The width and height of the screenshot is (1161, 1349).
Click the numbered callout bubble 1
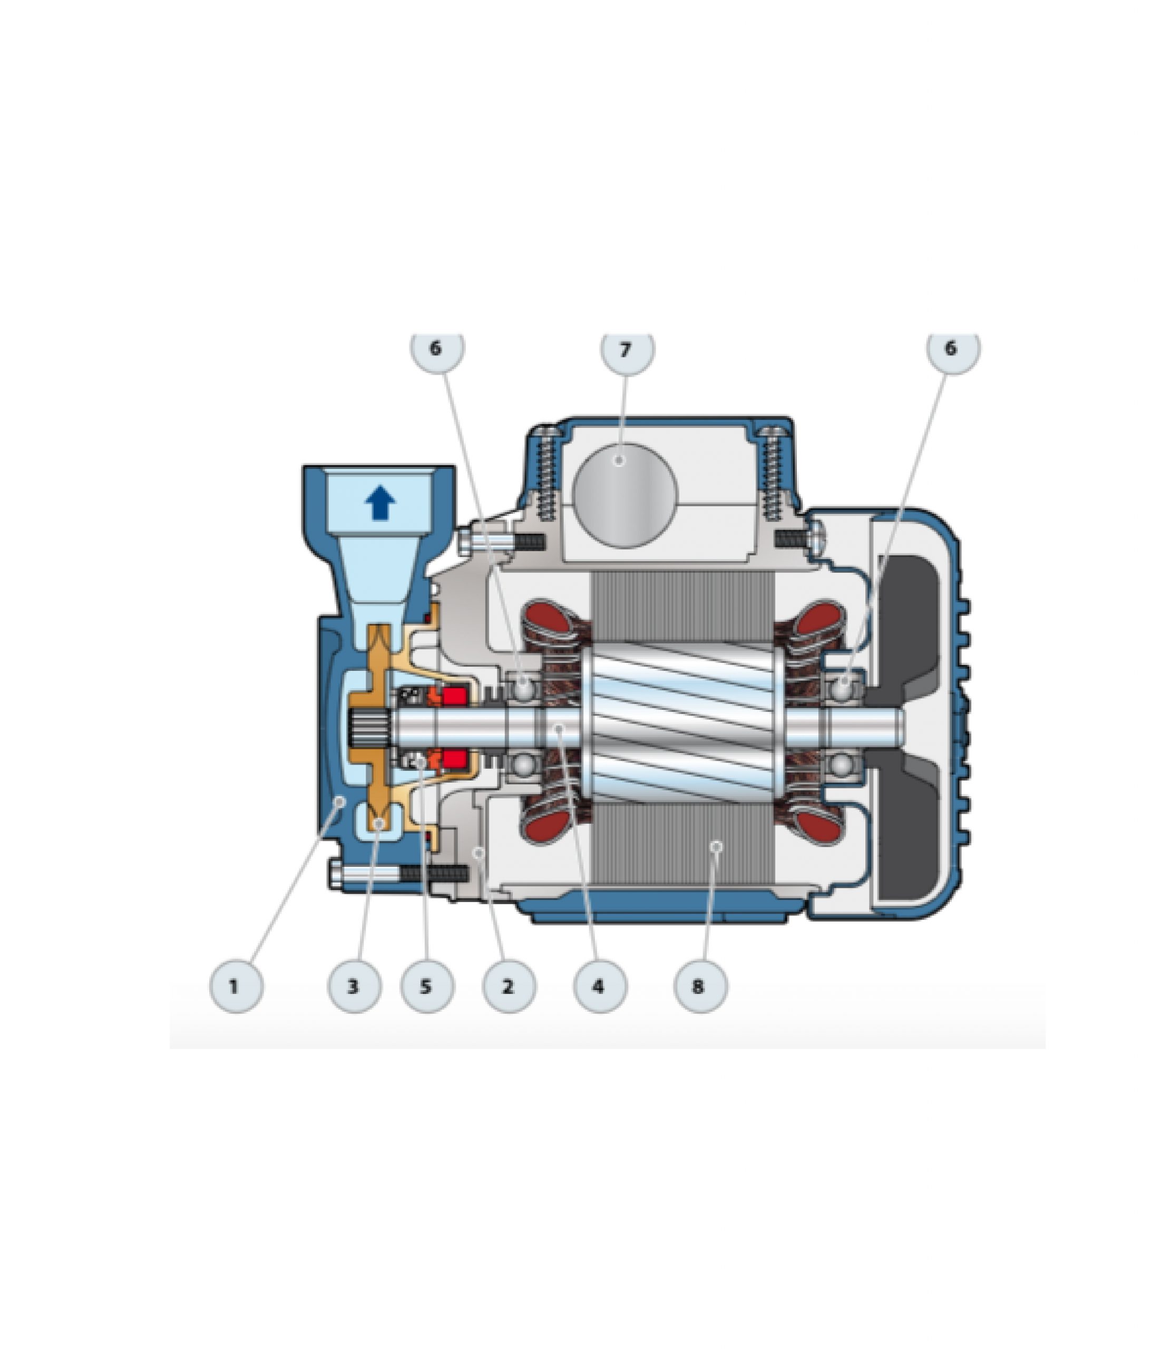[x=237, y=986]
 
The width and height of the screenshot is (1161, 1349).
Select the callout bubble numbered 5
[x=426, y=986]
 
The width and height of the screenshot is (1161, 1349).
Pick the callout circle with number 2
[x=509, y=986]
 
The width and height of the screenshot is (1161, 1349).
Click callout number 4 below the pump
[x=600, y=986]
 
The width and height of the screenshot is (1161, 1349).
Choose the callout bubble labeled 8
[x=700, y=986]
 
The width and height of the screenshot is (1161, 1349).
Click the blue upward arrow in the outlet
[x=381, y=503]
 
